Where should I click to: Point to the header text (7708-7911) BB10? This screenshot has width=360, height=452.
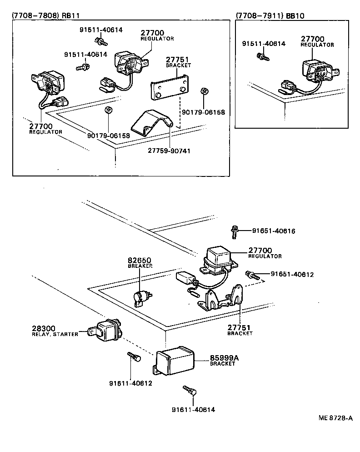tap(270, 15)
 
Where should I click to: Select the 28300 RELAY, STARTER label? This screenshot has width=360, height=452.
tap(55, 331)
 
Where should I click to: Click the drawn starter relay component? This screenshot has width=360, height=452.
tap(107, 329)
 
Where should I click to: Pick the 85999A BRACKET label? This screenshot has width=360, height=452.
tap(224, 361)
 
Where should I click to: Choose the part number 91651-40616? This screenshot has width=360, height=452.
tap(274, 231)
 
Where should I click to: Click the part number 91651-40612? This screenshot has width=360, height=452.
tap(292, 275)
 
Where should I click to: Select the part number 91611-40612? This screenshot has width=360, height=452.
tap(130, 383)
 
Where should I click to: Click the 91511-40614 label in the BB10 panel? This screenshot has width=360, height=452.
tap(264, 44)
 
